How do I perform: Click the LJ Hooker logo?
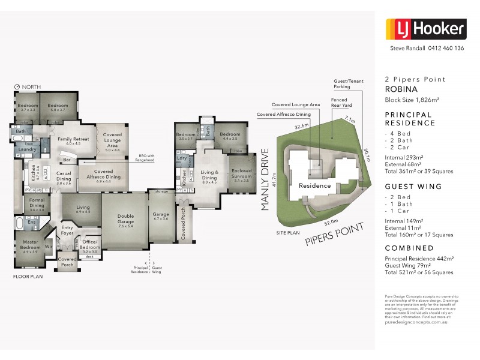click(425, 28)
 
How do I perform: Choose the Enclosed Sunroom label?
click(241, 173)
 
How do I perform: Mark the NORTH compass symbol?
click(17, 87)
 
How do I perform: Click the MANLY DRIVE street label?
click(265, 180)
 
